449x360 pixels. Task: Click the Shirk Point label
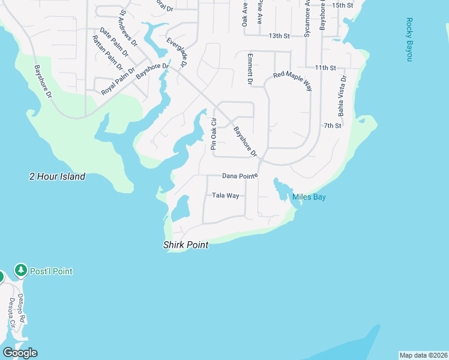point(185,245)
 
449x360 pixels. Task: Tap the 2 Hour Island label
point(58,176)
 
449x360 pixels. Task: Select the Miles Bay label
point(309,197)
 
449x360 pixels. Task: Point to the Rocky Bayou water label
point(409,40)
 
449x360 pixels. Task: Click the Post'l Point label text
point(53,271)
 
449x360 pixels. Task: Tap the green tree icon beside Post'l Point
point(22,271)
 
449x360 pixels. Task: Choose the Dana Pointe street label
point(240,176)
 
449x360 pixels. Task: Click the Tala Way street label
point(226,196)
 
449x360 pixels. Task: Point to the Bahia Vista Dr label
point(342,95)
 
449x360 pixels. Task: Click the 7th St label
point(332,126)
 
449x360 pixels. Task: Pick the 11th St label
point(325,67)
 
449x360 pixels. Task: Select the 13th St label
point(279,36)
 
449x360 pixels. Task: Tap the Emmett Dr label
point(250,68)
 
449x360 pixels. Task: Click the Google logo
point(20,353)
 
